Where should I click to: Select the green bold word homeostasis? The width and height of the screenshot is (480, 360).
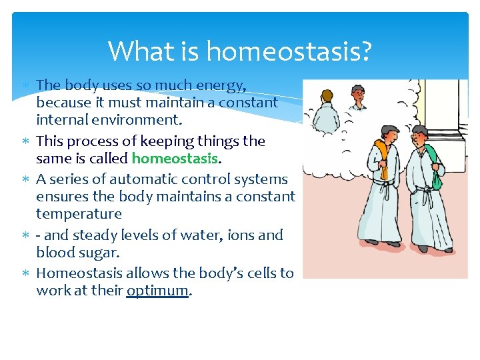pyautogui.click(x=175, y=159)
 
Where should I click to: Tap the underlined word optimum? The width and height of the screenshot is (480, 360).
pyautogui.click(x=157, y=291)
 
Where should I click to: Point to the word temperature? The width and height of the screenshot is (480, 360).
pyautogui.click(x=79, y=214)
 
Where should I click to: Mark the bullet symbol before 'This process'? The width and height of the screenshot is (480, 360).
pyautogui.click(x=25, y=141)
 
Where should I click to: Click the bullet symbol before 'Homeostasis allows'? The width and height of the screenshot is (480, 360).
pyautogui.click(x=25, y=273)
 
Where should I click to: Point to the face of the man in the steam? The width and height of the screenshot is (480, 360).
pyautogui.click(x=359, y=97)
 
